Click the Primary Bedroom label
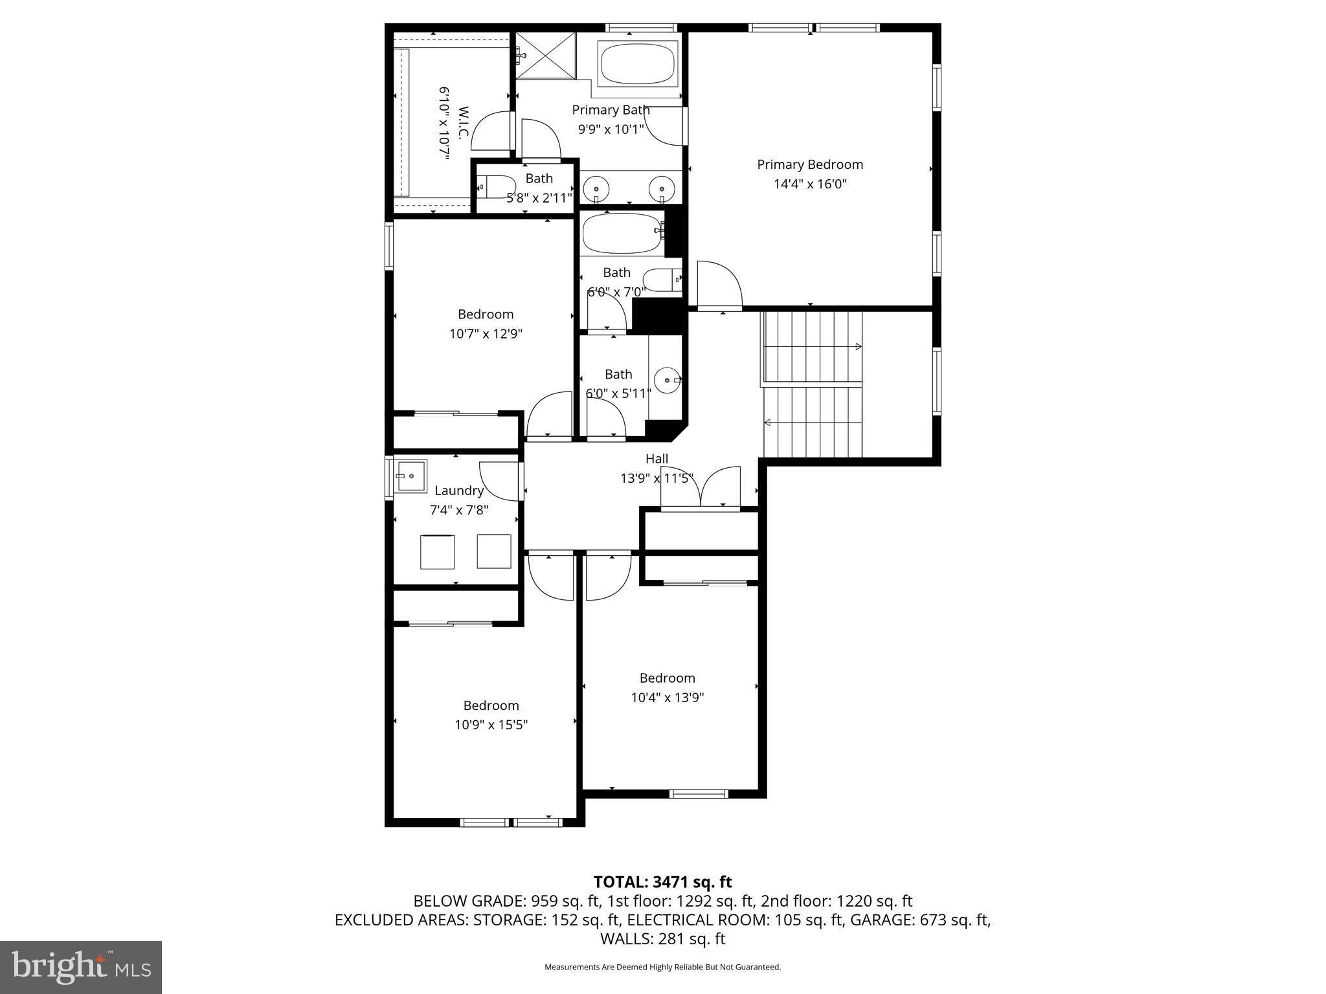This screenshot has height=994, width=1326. [x=809, y=164]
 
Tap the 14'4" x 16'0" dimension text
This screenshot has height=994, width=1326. [x=809, y=184]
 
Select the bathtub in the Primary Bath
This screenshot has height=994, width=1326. [x=637, y=63]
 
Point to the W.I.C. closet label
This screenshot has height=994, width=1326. [x=462, y=123]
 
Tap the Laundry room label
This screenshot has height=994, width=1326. [x=458, y=491]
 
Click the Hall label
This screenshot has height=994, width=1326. [x=657, y=459]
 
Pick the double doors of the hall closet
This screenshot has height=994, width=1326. [x=700, y=488]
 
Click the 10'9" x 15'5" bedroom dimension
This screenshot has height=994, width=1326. [x=491, y=725]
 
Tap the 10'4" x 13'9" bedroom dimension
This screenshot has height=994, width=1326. [x=667, y=698]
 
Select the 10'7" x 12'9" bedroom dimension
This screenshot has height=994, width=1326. [x=486, y=334]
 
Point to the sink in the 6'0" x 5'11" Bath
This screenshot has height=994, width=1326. [x=667, y=380]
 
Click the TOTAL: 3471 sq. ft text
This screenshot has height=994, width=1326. [x=662, y=882]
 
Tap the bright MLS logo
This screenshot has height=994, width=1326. [x=81, y=967]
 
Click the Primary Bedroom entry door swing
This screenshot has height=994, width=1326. [x=719, y=285]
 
